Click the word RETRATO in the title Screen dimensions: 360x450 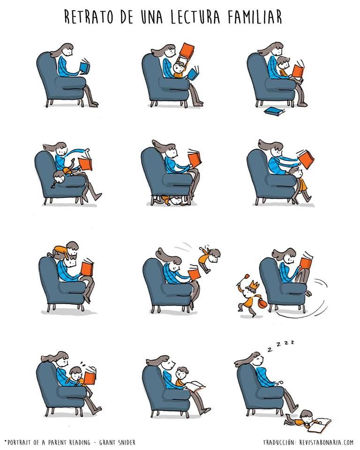pos(89,17)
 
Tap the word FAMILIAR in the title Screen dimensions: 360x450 pos(255,17)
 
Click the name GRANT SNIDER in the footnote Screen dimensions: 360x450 pos(117,442)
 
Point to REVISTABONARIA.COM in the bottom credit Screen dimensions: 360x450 pos(326,442)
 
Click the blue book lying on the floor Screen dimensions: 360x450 pos(275,112)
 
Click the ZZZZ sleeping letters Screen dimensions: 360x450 pos(280,345)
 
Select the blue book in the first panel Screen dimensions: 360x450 pos(85,67)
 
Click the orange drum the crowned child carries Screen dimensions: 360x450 pos(262,303)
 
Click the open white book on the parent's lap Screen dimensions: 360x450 pos(195,386)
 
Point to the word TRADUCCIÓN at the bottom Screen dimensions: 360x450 pos(279,442)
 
